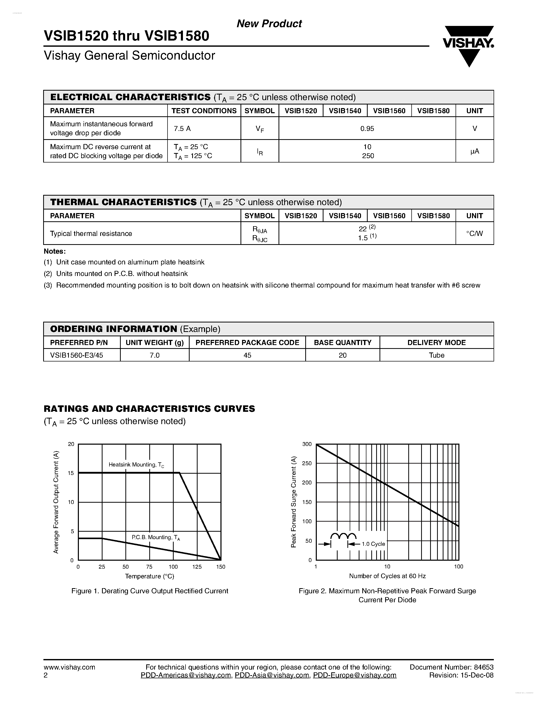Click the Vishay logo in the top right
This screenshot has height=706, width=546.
point(468,45)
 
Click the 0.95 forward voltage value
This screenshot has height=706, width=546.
point(367,129)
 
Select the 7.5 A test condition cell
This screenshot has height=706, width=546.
point(182,129)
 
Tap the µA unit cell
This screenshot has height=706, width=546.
point(474,151)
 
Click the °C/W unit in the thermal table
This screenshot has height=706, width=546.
point(474,233)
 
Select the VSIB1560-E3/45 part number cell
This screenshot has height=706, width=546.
point(77,355)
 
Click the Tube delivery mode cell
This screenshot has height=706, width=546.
point(436,355)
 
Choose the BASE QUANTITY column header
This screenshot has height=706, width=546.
point(343,342)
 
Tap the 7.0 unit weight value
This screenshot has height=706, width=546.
point(155,355)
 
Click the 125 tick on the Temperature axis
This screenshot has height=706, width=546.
point(197,567)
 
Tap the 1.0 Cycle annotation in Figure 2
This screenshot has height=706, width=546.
point(373,544)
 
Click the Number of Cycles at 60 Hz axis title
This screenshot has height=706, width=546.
point(387,576)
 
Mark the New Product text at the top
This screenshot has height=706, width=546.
point(269,24)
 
